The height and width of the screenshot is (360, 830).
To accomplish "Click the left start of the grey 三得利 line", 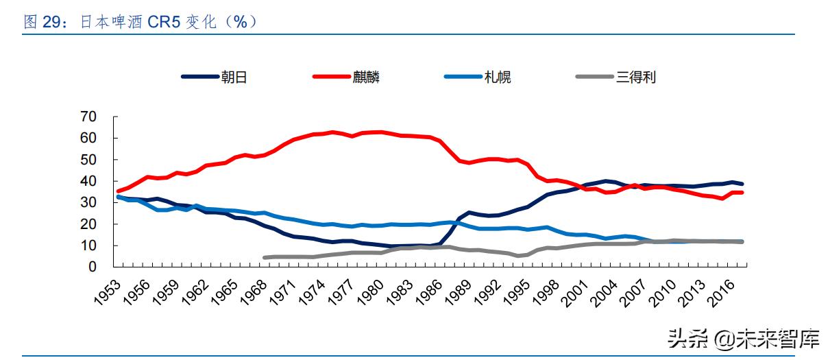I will tap(265, 258).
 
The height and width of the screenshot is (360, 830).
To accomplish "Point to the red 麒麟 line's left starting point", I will tap(119, 191).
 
